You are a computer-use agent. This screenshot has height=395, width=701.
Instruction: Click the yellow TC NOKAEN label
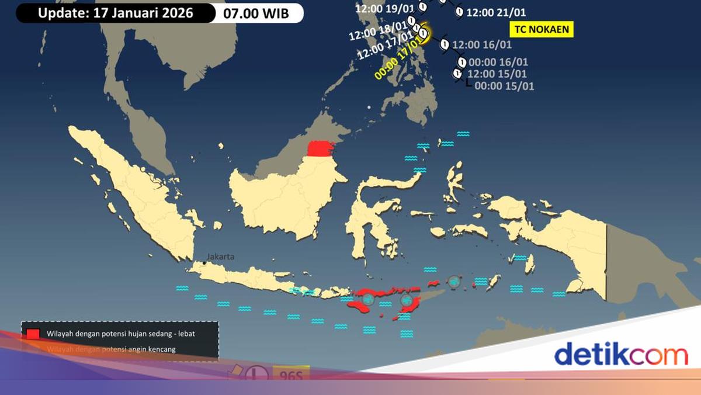pyautogui.click(x=542, y=29)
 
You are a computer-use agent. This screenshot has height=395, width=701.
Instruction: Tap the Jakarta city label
pyautogui.click(x=220, y=257)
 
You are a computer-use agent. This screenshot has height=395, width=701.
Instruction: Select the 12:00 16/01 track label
pyautogui.click(x=482, y=44)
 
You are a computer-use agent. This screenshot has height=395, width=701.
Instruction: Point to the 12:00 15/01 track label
pyautogui.click(x=497, y=74)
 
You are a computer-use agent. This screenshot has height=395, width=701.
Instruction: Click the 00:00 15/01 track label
pyautogui.click(x=504, y=86)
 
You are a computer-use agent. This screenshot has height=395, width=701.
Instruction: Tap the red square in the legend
pyautogui.click(x=33, y=334)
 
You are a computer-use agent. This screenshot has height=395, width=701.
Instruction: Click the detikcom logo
pyautogui.click(x=620, y=355)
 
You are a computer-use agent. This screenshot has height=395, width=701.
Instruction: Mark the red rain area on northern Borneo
pyautogui.click(x=321, y=149)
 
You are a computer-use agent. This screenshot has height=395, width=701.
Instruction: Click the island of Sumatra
pyautogui.click(x=134, y=187)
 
